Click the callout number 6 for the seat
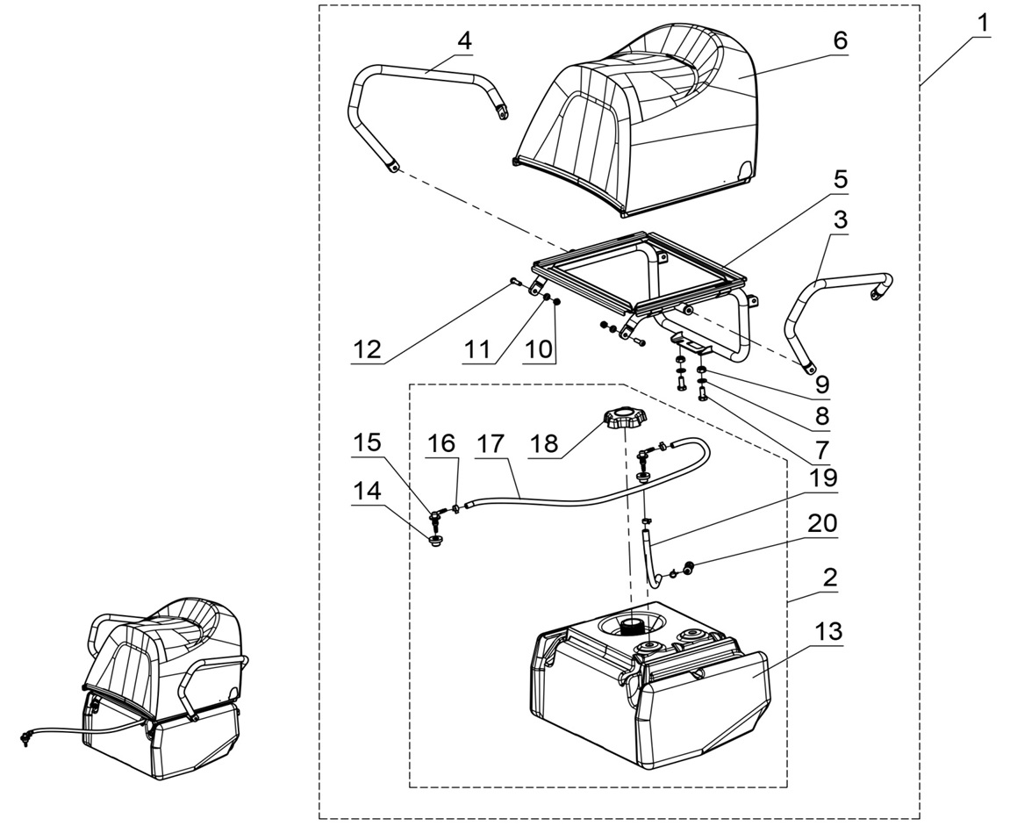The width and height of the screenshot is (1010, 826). click(x=840, y=41)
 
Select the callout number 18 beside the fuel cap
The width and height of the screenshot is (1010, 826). click(x=544, y=443)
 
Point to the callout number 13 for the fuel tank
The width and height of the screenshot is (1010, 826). click(x=828, y=631)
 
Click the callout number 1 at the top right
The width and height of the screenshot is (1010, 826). click(x=983, y=23)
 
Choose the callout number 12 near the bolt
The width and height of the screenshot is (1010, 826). click(x=367, y=348)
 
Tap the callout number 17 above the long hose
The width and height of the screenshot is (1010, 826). click(x=491, y=444)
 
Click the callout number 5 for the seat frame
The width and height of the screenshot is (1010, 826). click(x=840, y=180)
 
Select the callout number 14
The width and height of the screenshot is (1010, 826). click(x=367, y=491)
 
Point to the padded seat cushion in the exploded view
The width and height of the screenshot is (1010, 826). click(x=641, y=114)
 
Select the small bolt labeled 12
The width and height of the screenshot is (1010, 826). click(x=515, y=283)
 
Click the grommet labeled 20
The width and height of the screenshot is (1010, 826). click(x=689, y=568)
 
